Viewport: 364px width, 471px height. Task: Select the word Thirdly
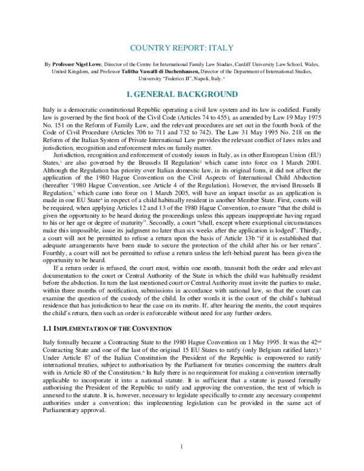(317, 241)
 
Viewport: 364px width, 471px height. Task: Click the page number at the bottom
(181, 447)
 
